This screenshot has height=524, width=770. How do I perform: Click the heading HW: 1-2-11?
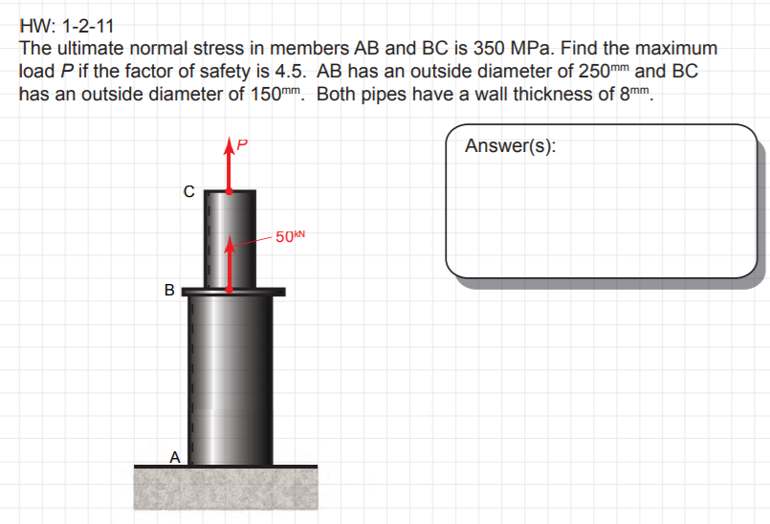tap(67, 26)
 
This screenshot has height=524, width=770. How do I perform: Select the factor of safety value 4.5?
tap(290, 71)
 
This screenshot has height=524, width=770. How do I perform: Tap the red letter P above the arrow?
tap(242, 144)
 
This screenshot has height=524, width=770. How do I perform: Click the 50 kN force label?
tap(290, 236)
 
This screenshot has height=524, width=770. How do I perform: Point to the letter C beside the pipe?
tap(188, 191)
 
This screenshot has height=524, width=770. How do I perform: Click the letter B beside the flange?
tap(169, 290)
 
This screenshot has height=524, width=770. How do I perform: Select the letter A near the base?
tap(175, 457)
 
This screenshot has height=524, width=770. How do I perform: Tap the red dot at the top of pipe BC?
tap(229, 191)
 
